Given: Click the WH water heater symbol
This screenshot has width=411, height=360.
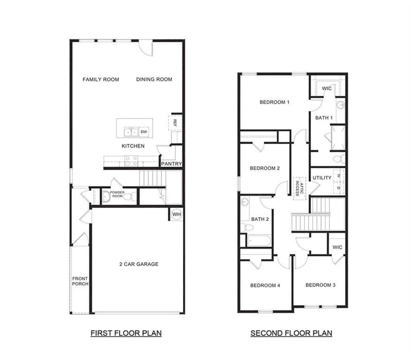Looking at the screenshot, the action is tap(177, 214).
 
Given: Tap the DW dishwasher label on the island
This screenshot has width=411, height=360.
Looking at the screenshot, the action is tap(144, 132).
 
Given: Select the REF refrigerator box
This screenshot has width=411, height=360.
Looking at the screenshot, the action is tap(175, 123).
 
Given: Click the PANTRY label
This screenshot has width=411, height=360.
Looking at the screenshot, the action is tap(172, 164).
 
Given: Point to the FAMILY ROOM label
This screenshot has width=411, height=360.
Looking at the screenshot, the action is tap(101, 80).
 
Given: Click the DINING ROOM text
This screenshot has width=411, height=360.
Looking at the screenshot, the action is tap(154, 80).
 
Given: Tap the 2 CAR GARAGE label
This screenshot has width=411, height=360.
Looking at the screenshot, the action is tap(139, 264).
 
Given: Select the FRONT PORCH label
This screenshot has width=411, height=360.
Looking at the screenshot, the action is tap(80, 281).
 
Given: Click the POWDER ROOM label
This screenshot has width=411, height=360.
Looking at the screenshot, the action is tap(117, 194).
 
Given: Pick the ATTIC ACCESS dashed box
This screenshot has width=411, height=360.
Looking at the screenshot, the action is tap(300, 188).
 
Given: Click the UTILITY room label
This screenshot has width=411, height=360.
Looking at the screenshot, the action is tap(322, 178).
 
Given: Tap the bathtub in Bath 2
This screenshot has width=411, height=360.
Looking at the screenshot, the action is tap(259, 241).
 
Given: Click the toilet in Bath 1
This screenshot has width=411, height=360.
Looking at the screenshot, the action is tap(340, 159).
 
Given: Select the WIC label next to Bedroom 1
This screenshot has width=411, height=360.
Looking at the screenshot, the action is tap(327, 88).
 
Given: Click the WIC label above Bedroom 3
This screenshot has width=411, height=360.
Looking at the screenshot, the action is tap(338, 247).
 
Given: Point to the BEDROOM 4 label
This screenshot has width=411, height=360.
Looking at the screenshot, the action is tap(265, 286).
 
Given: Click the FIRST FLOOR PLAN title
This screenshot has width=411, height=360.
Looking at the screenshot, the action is tap(126, 333).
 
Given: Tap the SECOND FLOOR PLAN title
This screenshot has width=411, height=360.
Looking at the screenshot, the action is tap(291, 333).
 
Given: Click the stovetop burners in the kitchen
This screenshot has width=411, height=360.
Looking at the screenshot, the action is tap(131, 161).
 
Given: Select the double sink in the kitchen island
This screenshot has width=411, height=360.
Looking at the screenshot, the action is tap(131, 132).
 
